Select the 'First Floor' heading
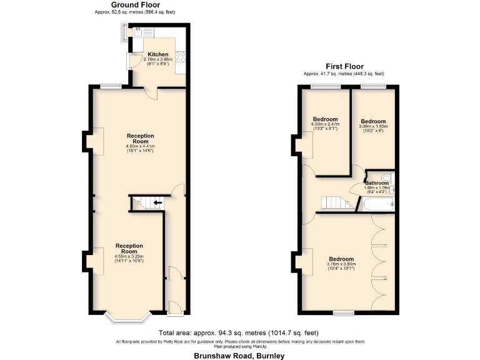(x=344, y=66)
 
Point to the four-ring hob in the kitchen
(x=181, y=57)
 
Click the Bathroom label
(x=377, y=183)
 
